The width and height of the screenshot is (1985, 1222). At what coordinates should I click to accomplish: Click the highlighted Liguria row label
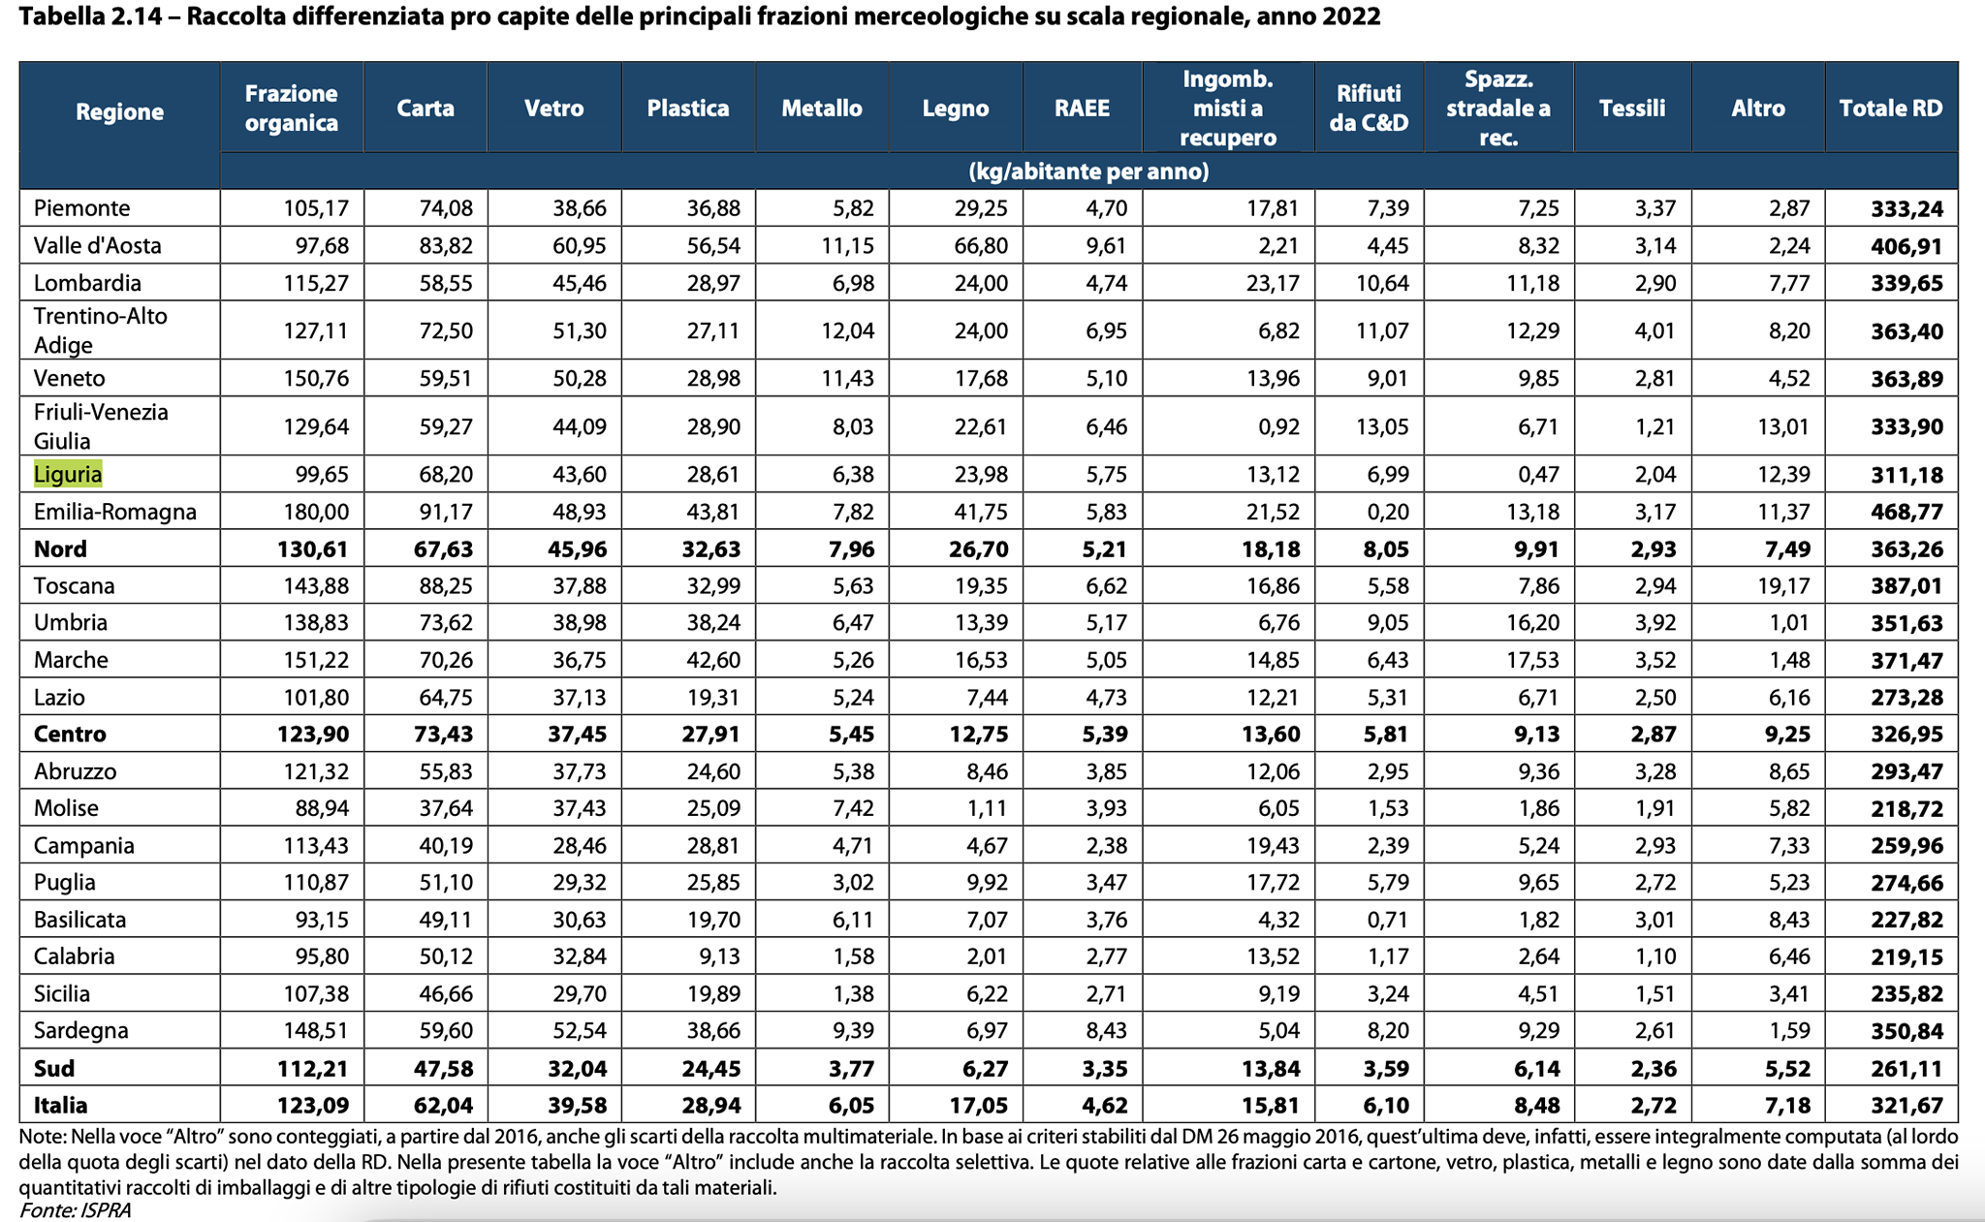pos(68,474)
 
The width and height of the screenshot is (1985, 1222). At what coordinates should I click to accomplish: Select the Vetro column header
pos(553,108)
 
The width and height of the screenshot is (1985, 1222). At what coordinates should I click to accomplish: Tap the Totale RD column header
pos(1891,108)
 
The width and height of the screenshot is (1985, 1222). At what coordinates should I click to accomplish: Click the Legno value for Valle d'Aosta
pos(981,246)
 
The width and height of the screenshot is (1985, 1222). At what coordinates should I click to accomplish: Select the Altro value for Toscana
pos(1782,586)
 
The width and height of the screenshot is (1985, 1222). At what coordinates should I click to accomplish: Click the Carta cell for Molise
pos(446,808)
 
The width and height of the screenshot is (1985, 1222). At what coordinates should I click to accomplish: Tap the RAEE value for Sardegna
pos(1106,1031)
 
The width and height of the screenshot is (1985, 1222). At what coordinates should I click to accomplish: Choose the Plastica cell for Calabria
pos(719,957)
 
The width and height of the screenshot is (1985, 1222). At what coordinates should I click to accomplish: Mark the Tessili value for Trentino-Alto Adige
pos(1654,331)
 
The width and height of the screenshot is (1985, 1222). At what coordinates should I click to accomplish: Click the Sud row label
pos(54,1069)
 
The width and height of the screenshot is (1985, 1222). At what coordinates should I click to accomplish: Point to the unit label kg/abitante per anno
pos(1088,172)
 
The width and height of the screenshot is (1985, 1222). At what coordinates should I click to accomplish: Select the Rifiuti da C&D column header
pos(1369,108)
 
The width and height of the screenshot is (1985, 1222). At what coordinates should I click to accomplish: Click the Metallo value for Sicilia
pos(853,994)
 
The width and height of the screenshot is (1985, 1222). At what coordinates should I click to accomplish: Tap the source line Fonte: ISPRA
pos(75,1210)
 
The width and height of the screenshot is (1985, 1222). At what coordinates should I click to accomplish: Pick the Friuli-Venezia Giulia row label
pos(101,426)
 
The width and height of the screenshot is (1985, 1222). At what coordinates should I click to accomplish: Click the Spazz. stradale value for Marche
pos(1533,661)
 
